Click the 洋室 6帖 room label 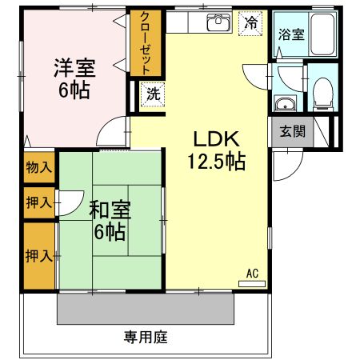click(x=74, y=78)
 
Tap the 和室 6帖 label click(x=107, y=221)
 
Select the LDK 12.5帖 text click(x=215, y=149)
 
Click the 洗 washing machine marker click(x=152, y=93)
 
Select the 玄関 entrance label click(x=291, y=131)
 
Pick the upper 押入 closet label click(x=38, y=202)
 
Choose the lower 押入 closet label click(x=38, y=256)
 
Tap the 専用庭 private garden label click(x=146, y=337)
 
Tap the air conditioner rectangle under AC click(x=252, y=282)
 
